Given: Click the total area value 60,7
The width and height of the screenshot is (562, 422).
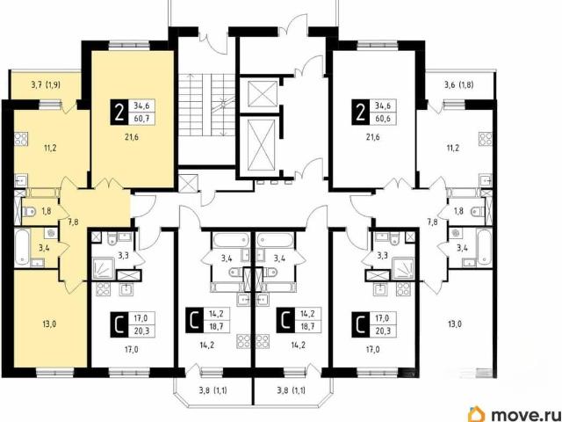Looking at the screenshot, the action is pos(142,118).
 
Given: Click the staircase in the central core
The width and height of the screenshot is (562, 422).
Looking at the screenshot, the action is pos(206,105).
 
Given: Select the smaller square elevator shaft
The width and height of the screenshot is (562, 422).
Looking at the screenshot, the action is pos(263,94).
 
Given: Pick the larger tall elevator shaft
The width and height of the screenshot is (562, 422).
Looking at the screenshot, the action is pos(261,144).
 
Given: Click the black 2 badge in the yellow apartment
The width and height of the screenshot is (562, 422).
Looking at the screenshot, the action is pos(119,112).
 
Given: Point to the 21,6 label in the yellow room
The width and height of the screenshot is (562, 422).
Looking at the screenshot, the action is pos(132,137).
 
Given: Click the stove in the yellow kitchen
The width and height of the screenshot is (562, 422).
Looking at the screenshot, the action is pos(21,139).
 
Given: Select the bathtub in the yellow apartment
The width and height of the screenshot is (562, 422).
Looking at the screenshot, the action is pos(22,248).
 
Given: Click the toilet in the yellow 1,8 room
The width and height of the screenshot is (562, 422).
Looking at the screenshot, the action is pos(29,212).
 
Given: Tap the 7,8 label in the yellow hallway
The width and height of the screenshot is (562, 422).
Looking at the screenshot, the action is pos(72,222).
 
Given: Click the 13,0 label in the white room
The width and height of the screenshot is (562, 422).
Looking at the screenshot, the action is pos(454,324).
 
